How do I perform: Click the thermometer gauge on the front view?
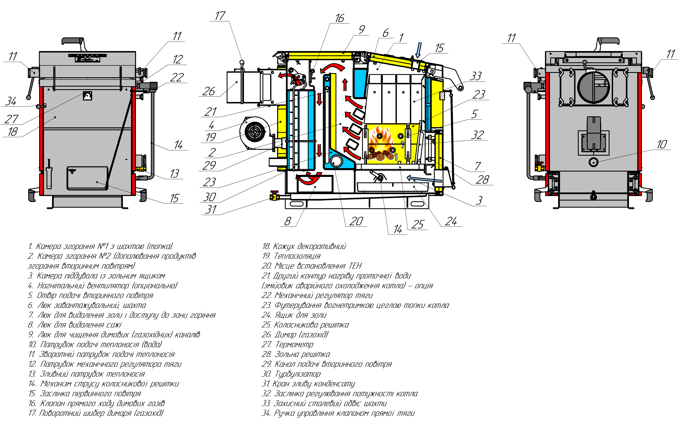(x=88, y=96)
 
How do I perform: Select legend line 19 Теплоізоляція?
(x=291, y=256)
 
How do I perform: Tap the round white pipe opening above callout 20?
(x=336, y=161)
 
